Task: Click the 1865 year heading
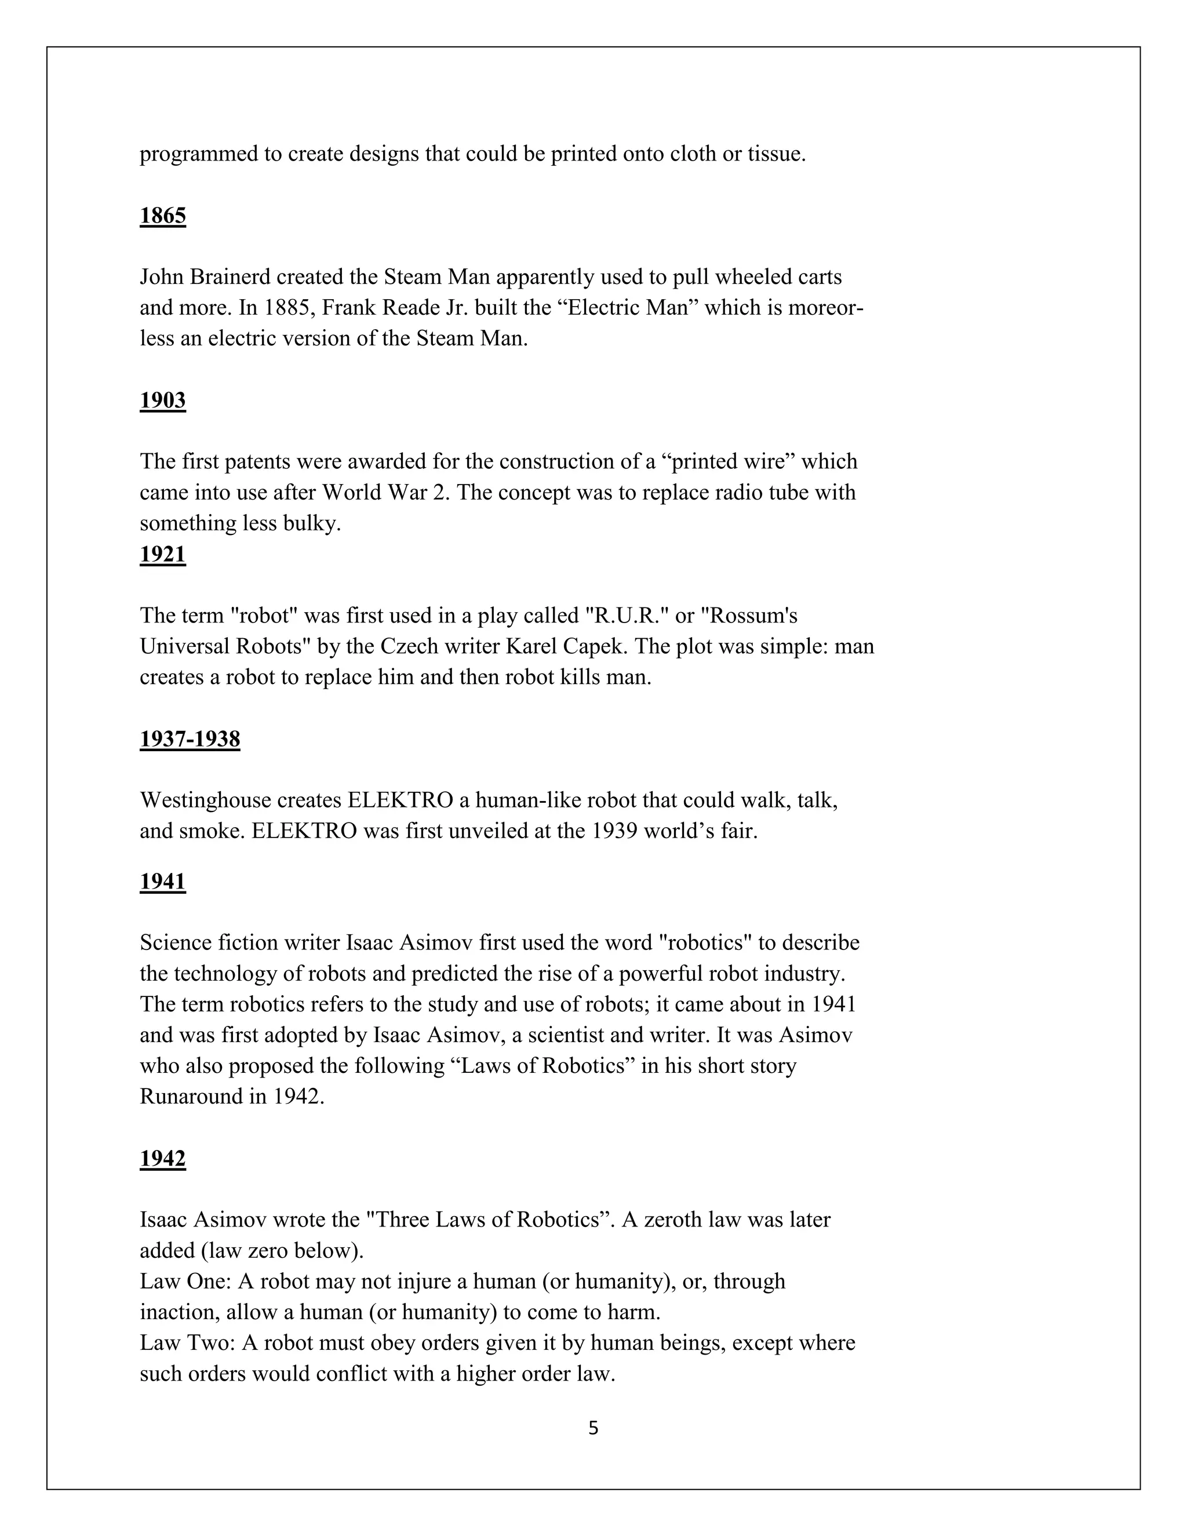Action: pyautogui.click(x=162, y=216)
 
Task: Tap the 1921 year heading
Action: pyautogui.click(x=162, y=554)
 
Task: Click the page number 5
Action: pyautogui.click(x=593, y=1428)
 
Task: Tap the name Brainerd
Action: pyautogui.click(x=230, y=277)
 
